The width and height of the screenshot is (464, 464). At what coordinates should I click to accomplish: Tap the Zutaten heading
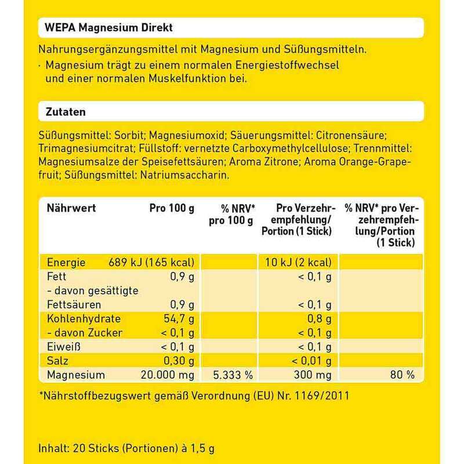coord(62,110)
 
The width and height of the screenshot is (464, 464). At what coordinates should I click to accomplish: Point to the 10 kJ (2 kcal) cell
coord(296,262)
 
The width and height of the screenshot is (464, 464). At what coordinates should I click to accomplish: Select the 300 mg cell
coord(314,375)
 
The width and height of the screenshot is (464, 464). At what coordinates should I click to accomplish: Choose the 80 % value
coord(403,375)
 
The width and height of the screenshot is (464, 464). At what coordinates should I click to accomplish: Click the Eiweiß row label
coord(62,346)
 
